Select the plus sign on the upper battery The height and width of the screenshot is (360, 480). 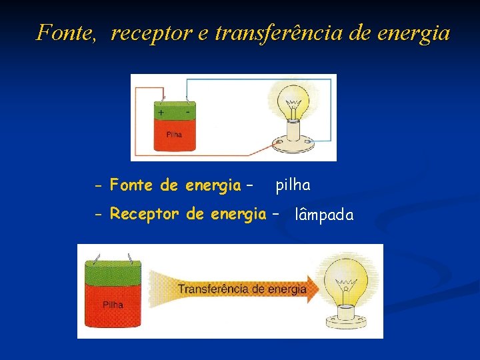(x=161, y=113)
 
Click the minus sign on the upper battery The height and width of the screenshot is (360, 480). (x=187, y=113)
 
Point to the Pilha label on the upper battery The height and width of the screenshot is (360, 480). (x=174, y=134)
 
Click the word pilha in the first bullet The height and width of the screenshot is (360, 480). (x=293, y=185)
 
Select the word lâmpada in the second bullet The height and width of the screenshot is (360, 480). (x=324, y=215)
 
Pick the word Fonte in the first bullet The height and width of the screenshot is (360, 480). (x=132, y=185)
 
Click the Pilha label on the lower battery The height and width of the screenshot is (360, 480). (x=113, y=305)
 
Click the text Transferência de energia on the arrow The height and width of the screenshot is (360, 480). (x=241, y=289)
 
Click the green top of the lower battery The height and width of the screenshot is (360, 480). (x=113, y=273)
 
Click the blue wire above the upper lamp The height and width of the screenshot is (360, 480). (x=260, y=79)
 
